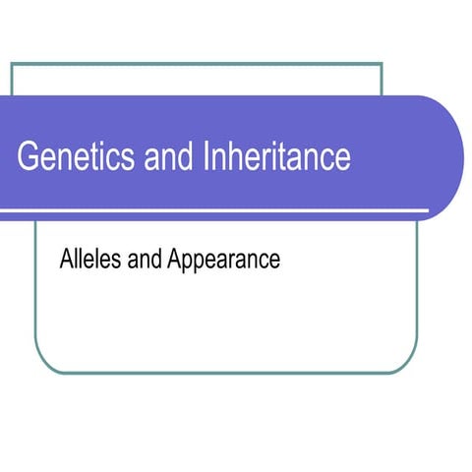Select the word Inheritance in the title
point(277,157)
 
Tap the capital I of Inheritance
point(208,157)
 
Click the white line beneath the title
point(216,210)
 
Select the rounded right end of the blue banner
point(452,157)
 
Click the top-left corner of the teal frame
point(12,64)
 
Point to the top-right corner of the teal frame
point(381,64)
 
